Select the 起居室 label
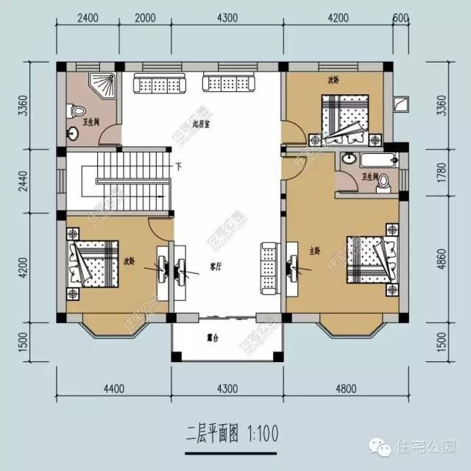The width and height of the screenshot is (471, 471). (x=202, y=124)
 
